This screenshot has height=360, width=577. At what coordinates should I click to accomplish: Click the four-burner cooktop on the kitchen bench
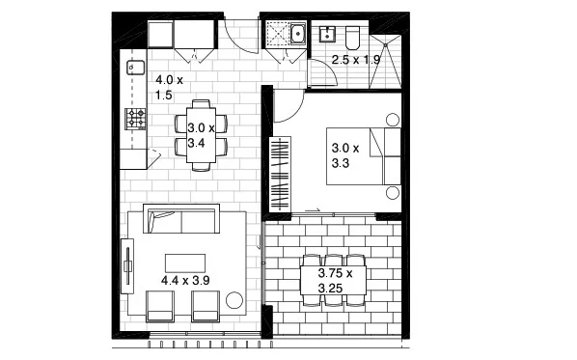[135, 119]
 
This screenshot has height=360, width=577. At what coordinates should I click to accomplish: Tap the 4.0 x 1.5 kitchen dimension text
[170, 88]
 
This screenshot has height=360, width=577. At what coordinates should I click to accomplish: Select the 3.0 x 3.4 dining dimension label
[201, 135]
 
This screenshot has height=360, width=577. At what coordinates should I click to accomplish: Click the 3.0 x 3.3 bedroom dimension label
[344, 156]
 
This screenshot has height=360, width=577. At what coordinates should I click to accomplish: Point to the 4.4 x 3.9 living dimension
[185, 280]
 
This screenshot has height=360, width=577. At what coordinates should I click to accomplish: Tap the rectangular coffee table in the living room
[185, 263]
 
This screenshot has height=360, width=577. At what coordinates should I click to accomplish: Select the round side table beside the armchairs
[234, 302]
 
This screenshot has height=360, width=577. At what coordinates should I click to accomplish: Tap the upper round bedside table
[393, 119]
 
